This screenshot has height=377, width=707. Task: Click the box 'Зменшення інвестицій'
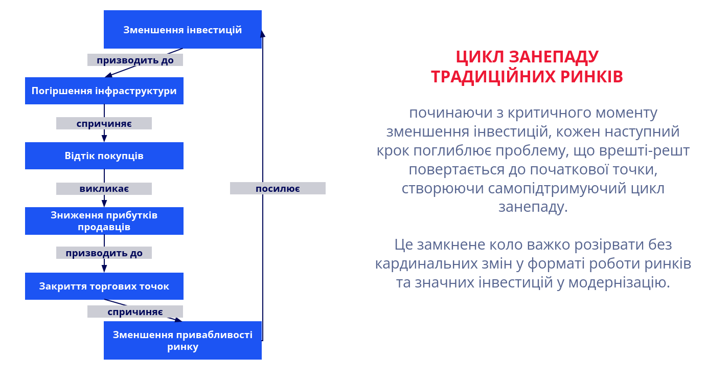point(183,29)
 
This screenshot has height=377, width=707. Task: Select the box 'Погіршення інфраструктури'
point(104,91)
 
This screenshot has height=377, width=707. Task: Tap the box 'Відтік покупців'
point(104,156)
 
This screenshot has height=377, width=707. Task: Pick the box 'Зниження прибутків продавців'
point(104,221)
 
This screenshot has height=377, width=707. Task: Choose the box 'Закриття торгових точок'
point(104,286)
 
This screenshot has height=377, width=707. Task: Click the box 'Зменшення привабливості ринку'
point(183,340)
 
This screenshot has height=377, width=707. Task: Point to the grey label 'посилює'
point(278,188)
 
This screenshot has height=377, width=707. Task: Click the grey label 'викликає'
point(104,189)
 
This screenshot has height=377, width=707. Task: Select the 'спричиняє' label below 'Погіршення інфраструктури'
point(104,123)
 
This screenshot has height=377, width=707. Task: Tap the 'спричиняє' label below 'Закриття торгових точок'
point(135,312)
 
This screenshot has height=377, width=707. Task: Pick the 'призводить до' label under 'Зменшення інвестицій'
point(135,60)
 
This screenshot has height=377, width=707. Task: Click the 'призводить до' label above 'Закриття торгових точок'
point(104,253)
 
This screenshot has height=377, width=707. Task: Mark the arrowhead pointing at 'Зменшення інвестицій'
point(263,34)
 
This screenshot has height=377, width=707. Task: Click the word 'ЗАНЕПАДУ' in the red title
point(554,57)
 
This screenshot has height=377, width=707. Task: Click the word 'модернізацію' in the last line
point(619,282)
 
